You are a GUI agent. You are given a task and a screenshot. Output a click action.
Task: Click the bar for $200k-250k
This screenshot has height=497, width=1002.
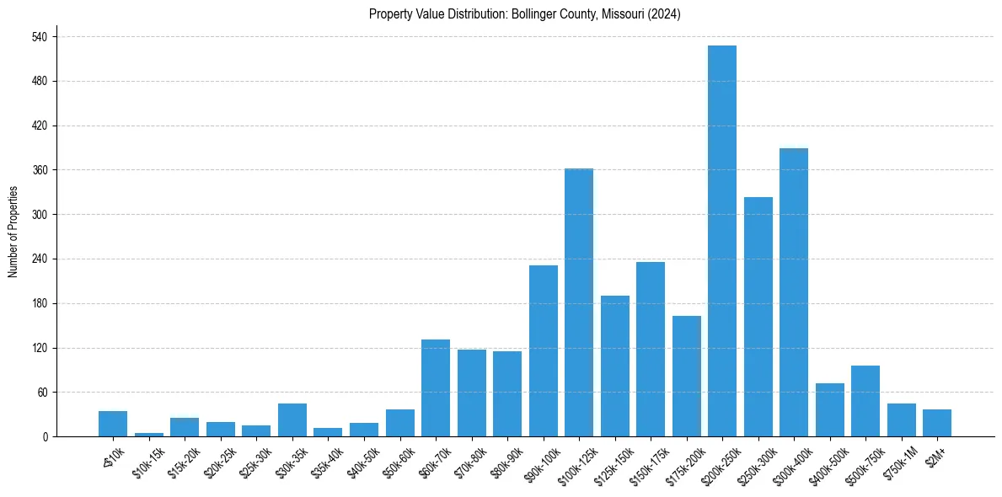722,241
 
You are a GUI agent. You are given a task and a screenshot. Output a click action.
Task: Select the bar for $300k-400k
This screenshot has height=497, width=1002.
794,292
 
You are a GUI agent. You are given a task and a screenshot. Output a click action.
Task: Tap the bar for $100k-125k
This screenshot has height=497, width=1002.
579,302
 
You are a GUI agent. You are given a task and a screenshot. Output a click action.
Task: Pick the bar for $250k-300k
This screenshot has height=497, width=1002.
758,317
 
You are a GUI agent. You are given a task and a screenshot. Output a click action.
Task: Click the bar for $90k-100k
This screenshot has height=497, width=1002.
544,350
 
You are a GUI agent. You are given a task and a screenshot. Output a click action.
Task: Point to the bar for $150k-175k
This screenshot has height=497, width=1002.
651,349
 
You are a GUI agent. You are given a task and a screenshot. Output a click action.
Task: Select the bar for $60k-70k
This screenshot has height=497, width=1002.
436,387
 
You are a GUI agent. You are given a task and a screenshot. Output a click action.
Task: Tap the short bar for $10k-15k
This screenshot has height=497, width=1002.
149,435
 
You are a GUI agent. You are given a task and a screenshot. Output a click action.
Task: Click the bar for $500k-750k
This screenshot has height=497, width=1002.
865,401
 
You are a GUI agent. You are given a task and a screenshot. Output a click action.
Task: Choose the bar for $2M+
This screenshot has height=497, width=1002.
937,423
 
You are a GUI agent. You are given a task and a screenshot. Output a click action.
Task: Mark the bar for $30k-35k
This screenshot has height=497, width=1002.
292,420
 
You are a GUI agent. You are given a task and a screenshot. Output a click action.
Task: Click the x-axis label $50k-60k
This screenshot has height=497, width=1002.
395,462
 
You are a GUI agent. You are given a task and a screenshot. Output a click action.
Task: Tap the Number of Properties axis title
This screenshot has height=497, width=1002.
13,232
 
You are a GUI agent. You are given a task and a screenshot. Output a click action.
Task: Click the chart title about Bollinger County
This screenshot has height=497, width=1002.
525,14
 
